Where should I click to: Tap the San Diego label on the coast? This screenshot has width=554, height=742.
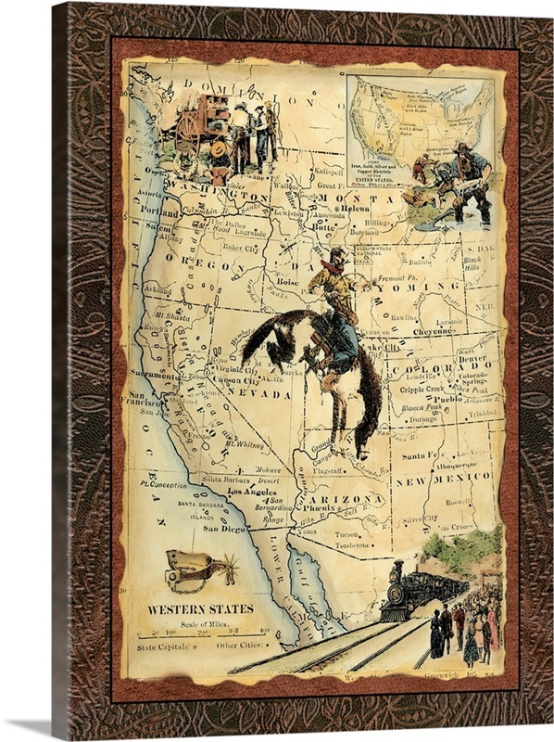point(224,529)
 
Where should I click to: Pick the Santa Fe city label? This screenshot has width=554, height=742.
point(422,454)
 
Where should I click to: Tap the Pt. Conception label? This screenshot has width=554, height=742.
point(160,485)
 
